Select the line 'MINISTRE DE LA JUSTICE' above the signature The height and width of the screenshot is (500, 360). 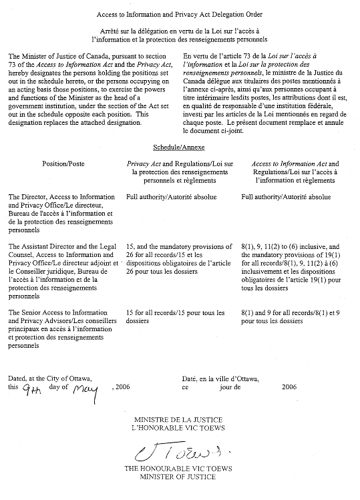click(x=179, y=419)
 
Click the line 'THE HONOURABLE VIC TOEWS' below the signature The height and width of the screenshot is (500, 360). click(x=179, y=469)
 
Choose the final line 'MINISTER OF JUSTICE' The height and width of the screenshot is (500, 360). click(x=179, y=477)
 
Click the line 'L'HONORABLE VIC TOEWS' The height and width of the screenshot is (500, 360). click(x=179, y=427)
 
